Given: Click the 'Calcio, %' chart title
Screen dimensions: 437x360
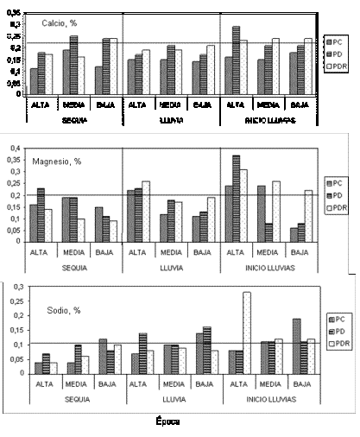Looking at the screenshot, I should click(x=61, y=22).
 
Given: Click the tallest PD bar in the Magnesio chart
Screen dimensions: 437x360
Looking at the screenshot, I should click(x=236, y=199).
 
